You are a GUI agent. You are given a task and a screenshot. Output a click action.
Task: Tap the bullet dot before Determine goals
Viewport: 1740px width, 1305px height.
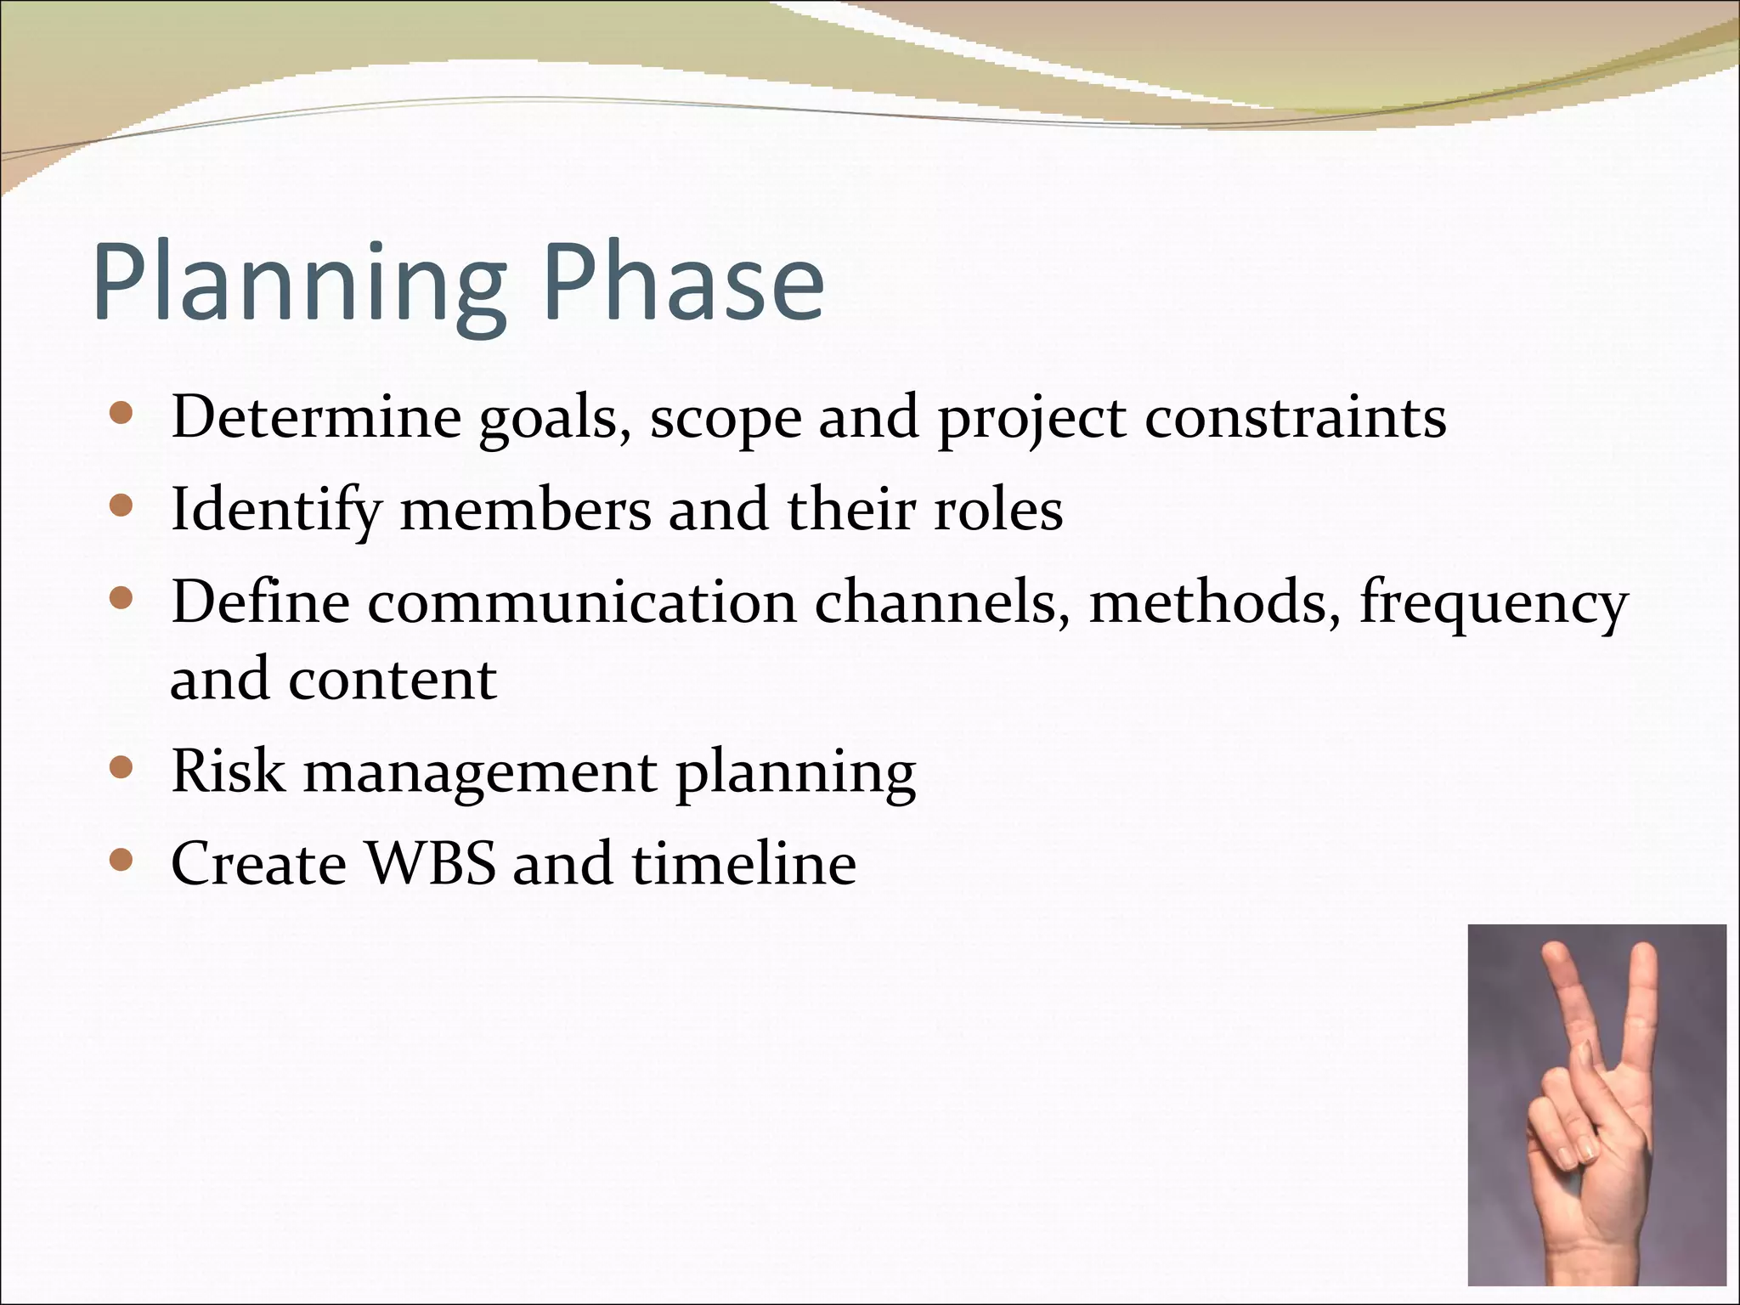coord(122,414)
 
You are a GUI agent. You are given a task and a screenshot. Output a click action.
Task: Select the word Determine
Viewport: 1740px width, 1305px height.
coord(316,417)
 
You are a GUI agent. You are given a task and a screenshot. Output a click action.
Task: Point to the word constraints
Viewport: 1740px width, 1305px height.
coord(1295,417)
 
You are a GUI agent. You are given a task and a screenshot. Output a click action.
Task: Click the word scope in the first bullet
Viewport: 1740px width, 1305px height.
coord(726,421)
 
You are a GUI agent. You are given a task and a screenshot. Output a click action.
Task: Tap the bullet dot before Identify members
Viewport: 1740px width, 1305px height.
coord(122,506)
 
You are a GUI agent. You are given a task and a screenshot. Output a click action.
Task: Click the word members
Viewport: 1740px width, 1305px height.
coord(525,510)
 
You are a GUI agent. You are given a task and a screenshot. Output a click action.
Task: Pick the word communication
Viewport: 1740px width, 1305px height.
coord(582,602)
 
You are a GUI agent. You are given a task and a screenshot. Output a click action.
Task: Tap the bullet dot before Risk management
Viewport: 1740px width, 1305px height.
coord(122,769)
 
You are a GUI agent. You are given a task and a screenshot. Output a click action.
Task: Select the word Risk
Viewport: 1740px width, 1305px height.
coord(228,771)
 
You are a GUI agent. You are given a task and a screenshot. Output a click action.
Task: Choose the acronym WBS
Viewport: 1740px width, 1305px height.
coord(431,863)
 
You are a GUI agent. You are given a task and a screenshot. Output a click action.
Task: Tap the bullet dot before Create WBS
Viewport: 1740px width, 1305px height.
coord(122,862)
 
